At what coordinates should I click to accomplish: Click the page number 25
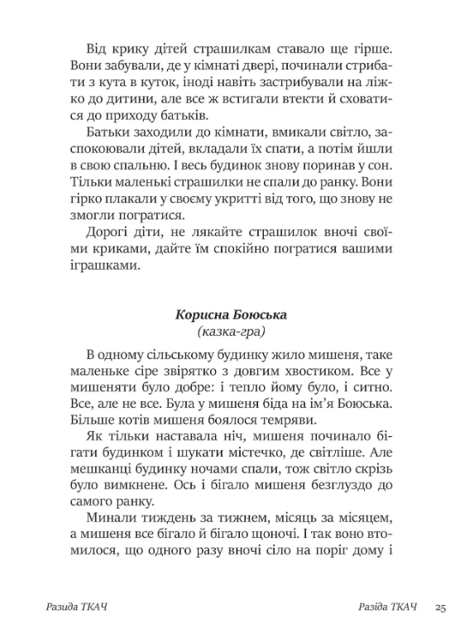440,609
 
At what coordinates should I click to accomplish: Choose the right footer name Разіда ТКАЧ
382,609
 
